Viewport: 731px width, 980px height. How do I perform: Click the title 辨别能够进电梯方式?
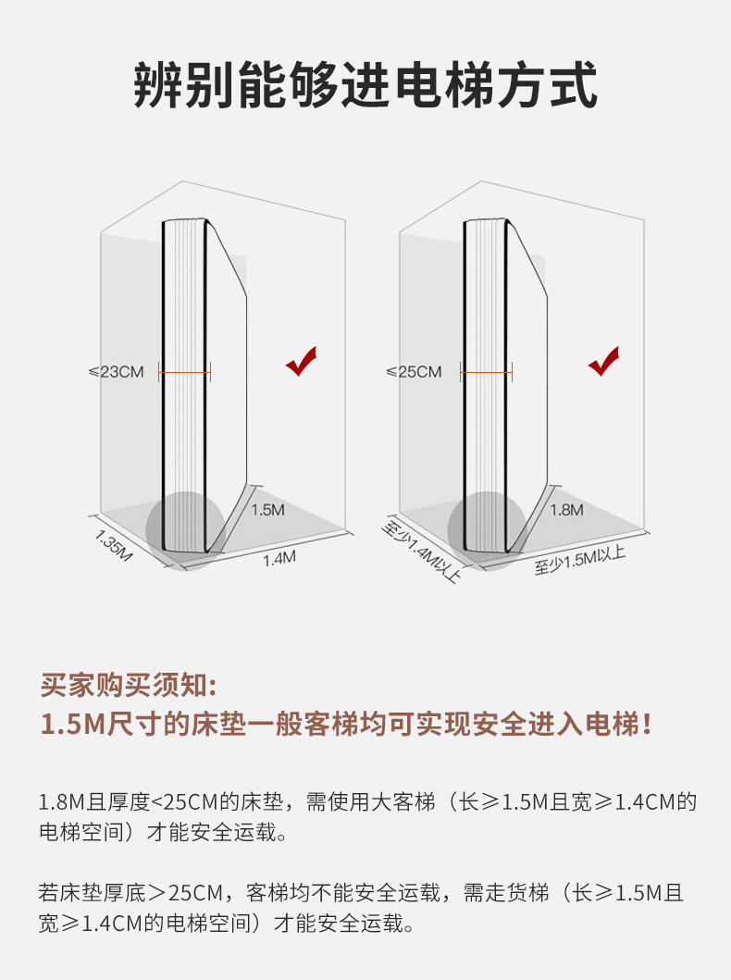365,85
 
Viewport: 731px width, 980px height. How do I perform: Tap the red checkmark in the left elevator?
301,361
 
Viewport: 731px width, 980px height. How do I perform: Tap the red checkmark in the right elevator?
603,361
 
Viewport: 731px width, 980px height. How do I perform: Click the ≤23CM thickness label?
117,372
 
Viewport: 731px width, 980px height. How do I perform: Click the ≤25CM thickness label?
415,372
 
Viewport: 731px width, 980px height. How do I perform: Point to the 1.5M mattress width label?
268,510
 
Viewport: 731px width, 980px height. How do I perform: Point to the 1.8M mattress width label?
566,510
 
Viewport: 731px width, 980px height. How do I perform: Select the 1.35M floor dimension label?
114,545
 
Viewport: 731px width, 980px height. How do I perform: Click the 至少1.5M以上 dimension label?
580,560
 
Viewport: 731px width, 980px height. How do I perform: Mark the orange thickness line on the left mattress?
185,372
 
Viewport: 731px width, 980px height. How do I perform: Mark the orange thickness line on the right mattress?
486,372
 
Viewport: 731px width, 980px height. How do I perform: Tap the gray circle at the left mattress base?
186,530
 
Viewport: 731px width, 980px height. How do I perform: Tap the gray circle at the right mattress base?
488,530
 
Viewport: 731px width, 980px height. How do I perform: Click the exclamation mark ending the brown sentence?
647,725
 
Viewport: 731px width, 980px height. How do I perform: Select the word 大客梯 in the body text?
403,802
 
